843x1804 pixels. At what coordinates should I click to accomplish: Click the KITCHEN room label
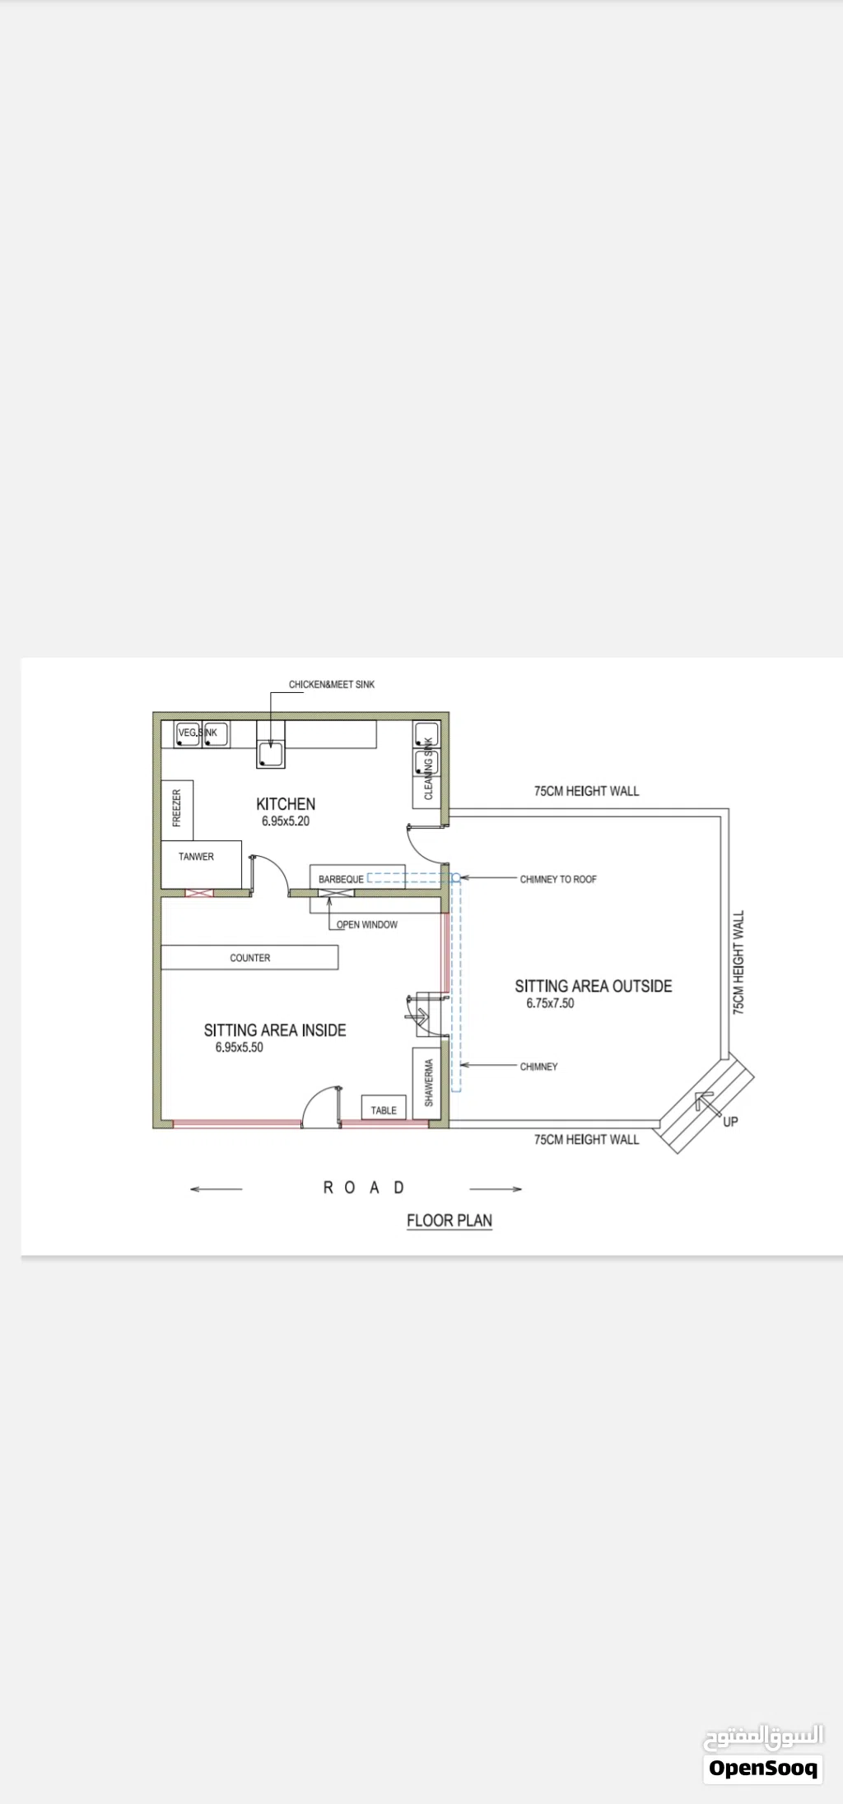point(286,804)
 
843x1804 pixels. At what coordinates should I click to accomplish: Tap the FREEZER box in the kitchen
point(177,810)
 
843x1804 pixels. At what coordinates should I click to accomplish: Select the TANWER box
point(201,864)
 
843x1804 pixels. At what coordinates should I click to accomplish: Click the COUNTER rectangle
point(249,957)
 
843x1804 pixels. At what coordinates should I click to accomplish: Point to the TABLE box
point(384,1108)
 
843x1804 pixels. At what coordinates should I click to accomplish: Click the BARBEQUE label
point(341,879)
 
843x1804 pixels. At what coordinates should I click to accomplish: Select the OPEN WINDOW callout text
point(367,924)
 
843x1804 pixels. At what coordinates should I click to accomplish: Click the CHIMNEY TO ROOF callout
point(558,879)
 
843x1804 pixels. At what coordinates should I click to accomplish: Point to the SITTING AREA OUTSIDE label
point(594,986)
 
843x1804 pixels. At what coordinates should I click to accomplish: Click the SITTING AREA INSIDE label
point(275,1030)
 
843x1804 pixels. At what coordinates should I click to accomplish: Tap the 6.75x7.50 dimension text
point(551,1003)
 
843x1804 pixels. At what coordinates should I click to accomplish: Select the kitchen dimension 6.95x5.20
point(286,821)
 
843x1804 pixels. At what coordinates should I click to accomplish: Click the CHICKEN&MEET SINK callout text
point(332,684)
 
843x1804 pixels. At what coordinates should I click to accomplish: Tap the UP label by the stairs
point(730,1121)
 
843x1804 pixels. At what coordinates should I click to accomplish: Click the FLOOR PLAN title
point(449,1220)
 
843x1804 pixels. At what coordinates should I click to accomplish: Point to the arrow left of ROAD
point(216,1188)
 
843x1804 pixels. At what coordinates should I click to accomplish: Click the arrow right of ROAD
point(496,1188)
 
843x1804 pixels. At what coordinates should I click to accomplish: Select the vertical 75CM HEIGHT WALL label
point(738,961)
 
